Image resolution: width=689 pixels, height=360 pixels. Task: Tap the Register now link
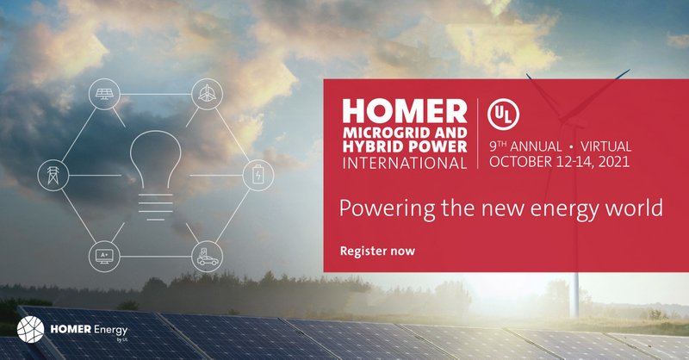[377, 251]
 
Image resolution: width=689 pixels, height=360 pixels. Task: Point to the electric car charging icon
[207, 256]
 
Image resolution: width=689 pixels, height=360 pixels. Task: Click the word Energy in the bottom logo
[108, 328]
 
